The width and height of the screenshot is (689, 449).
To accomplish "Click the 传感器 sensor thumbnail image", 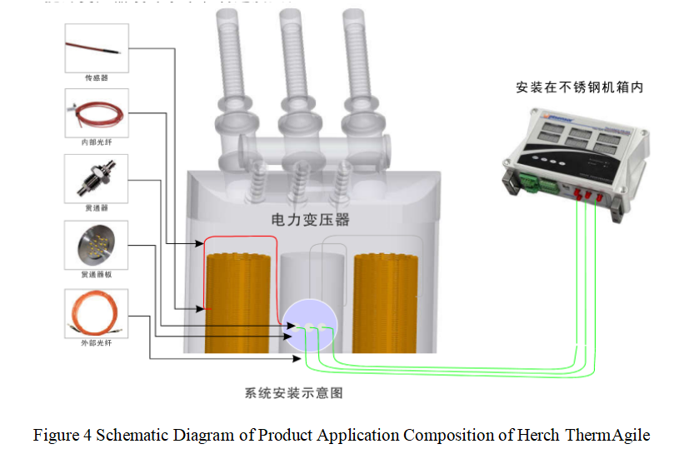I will tap(97, 47).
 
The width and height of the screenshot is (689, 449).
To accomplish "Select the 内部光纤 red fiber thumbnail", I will tap(97, 112).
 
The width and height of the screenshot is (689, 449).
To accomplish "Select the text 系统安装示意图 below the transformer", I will tap(294, 392).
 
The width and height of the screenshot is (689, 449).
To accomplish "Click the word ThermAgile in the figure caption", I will tap(607, 435).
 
